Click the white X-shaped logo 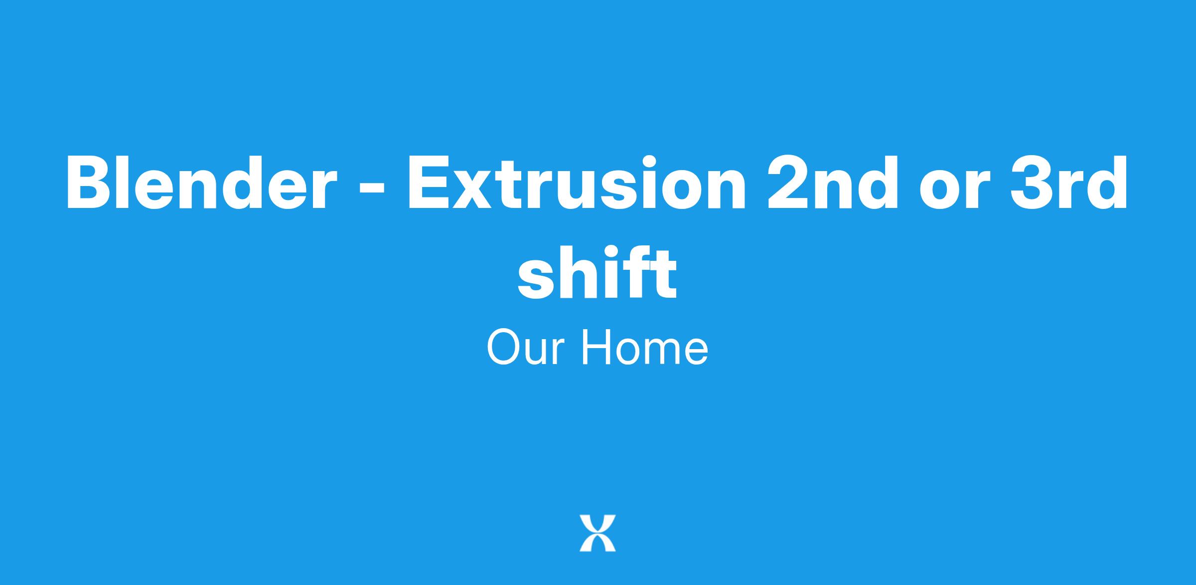598,533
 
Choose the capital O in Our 504,347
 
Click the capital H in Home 596,347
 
